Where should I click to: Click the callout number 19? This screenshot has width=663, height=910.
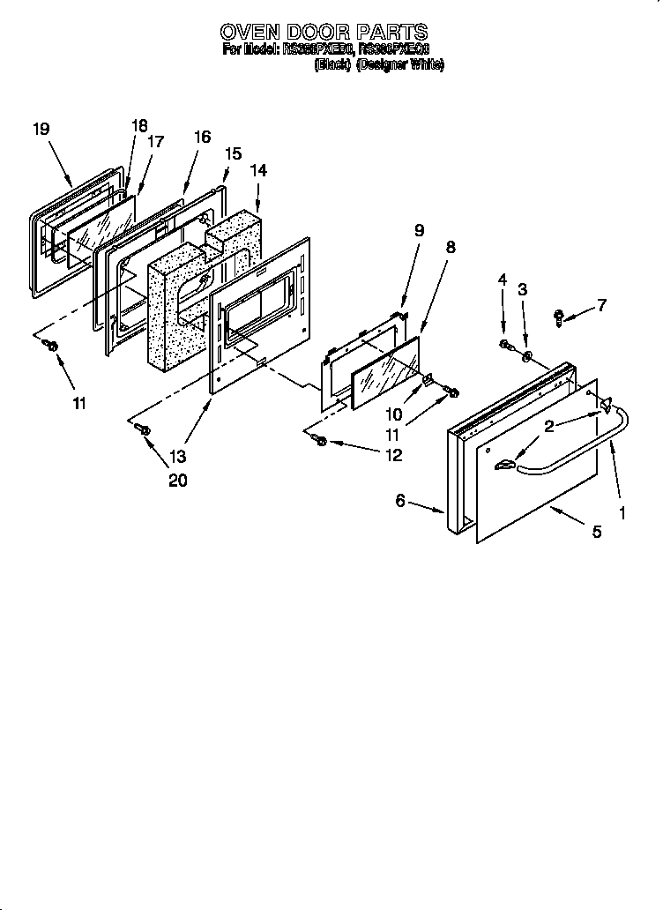[x=41, y=129]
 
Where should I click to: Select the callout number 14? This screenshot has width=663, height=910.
[x=258, y=170]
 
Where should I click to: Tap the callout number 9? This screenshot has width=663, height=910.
[x=419, y=231]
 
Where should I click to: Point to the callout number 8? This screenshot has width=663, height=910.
[x=451, y=248]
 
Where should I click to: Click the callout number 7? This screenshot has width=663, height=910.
[x=602, y=306]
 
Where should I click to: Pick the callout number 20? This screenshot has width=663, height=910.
[x=178, y=481]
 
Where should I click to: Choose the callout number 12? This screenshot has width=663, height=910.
[x=393, y=455]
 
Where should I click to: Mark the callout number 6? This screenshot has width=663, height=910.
[x=400, y=500]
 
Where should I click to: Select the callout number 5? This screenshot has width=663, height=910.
[x=597, y=532]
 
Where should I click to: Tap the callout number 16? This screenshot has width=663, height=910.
[x=202, y=137]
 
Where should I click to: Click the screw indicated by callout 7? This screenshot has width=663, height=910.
[x=560, y=317]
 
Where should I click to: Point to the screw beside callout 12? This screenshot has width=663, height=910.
[x=321, y=440]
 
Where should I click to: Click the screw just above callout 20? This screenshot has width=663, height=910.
[x=145, y=429]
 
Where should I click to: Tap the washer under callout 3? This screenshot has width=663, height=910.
[x=526, y=356]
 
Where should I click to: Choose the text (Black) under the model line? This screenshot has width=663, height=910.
[x=333, y=65]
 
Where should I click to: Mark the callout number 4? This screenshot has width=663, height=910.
[x=503, y=280]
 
